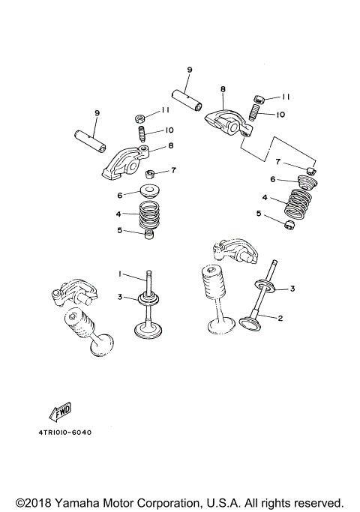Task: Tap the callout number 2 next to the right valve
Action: [x=280, y=318]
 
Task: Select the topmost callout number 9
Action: [x=189, y=70]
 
